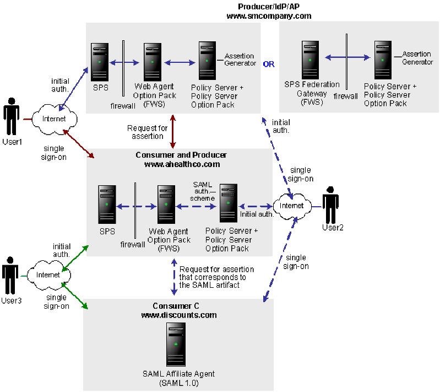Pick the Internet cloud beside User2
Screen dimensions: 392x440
pos(291,206)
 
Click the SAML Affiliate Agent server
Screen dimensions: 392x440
pos(176,345)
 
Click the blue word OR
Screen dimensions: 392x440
pos(268,64)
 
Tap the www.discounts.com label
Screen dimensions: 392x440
pos(178,315)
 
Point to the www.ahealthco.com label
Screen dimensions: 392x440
pos(181,164)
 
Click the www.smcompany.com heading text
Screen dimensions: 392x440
pos(269,16)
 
